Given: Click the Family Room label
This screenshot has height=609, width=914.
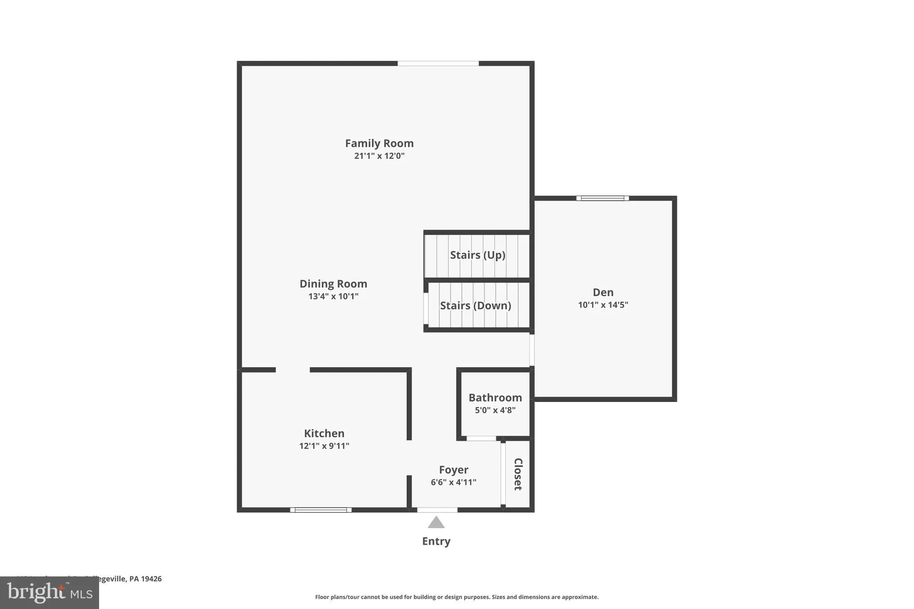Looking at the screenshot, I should click(379, 143).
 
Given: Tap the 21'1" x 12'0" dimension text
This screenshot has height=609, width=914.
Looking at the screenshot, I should click(379, 156).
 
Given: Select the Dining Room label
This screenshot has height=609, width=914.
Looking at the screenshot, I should click(333, 284).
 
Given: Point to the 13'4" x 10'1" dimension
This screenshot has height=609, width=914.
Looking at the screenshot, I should click(333, 296).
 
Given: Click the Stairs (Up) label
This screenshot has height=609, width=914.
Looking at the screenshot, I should click(478, 255).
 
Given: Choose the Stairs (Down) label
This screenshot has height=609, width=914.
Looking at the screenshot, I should click(476, 306).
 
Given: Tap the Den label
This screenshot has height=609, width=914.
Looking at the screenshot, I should click(603, 292).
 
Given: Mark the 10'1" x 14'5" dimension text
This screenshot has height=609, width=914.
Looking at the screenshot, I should click(603, 305).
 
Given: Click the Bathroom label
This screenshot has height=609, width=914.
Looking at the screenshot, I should click(495, 398).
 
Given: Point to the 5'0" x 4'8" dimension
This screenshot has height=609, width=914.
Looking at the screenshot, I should click(495, 410).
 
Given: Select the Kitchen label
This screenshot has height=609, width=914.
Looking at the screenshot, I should click(324, 433).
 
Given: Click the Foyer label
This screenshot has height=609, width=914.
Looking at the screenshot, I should click(453, 470).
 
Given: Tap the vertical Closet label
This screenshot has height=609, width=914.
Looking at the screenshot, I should click(518, 474).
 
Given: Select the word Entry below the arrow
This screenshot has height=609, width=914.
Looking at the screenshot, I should click(436, 541).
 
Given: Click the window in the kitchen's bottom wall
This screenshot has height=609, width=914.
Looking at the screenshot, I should click(321, 510).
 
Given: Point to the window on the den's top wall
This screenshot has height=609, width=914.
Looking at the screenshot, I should click(602, 198).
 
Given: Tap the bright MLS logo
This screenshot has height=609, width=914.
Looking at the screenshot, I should click(50, 592).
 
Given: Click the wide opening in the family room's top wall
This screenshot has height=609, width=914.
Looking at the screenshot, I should click(438, 63).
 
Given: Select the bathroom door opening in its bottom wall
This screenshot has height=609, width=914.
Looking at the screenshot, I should click(481, 439).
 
